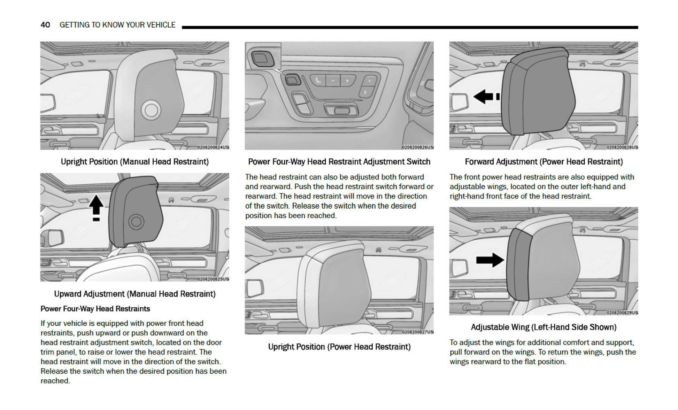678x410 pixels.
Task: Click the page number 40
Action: point(45,25)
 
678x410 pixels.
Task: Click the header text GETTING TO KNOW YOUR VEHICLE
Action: point(117,25)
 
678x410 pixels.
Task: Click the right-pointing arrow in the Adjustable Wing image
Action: point(490,260)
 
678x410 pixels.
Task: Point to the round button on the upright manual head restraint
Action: point(151,110)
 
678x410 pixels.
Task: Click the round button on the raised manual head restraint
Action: point(136,221)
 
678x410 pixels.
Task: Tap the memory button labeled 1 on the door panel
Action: point(370,81)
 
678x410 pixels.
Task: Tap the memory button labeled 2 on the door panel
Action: point(365,92)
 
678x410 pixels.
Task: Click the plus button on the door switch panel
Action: point(347,81)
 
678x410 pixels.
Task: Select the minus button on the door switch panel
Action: point(333,81)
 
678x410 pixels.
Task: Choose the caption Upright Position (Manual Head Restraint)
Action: point(134,162)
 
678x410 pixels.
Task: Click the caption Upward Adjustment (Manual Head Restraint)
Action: point(134,294)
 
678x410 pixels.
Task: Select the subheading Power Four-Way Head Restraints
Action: point(95,309)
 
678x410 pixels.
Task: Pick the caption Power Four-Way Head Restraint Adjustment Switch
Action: point(339,162)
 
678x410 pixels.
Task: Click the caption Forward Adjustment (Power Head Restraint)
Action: point(544,162)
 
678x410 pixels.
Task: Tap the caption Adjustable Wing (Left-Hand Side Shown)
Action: point(544,327)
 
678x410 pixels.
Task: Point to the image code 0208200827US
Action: point(417,332)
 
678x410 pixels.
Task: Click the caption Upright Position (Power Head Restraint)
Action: point(339,347)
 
